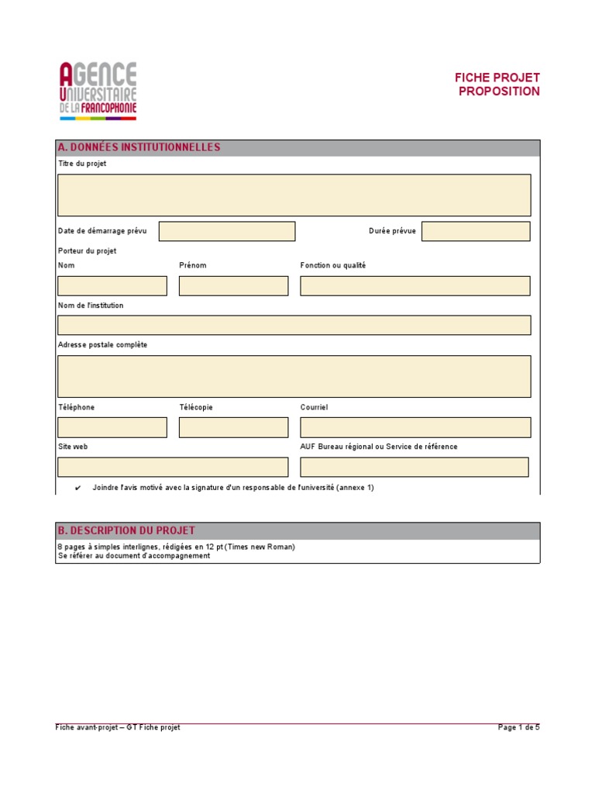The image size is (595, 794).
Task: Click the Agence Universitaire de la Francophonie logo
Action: coord(98,91)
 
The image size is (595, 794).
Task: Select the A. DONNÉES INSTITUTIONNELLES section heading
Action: coord(139,147)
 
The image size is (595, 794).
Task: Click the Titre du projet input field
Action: coord(294,195)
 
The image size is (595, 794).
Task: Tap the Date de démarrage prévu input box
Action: coord(227,231)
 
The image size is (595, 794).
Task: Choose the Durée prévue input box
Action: coord(476,231)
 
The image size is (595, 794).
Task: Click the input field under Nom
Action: coord(112,286)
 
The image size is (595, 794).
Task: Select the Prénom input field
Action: coord(233,286)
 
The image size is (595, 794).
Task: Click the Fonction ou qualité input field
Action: coord(415,286)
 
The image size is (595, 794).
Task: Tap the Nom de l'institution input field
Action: coord(294,325)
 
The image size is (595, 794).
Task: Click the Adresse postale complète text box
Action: coord(294,376)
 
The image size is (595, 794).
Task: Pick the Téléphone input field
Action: coord(112,427)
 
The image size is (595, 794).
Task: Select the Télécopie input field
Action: coord(233,427)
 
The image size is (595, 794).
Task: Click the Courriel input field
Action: coord(415,427)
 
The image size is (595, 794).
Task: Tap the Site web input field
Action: coord(173,467)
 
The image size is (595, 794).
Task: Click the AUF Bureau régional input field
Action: coord(414,467)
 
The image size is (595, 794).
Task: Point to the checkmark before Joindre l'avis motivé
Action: coord(78,488)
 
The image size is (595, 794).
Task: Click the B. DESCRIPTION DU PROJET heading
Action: coord(126,530)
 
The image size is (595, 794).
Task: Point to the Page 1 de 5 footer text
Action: coord(518,727)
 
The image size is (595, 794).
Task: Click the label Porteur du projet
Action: coord(88,251)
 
